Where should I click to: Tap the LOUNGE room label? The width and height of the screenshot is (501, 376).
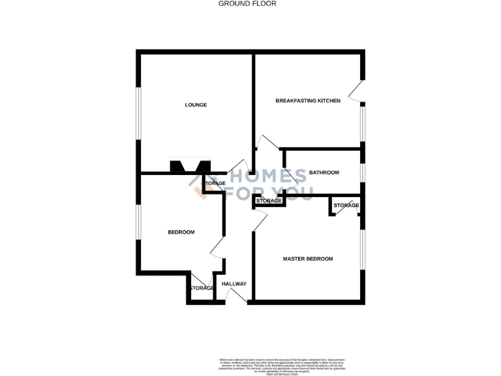tap(196, 105)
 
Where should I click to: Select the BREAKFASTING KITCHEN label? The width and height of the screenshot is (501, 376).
tap(308, 101)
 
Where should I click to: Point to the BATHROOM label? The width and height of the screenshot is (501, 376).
tap(324, 172)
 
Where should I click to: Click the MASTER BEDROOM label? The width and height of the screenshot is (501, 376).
tap(308, 259)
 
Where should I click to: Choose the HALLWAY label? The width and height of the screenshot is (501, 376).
tap(234, 284)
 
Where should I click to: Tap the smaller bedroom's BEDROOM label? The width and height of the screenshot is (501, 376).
tap(181, 232)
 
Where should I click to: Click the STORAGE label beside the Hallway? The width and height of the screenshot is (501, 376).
tap(202, 288)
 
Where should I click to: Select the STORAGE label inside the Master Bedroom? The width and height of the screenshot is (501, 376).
tap(346, 206)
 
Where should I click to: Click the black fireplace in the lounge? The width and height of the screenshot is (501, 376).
tap(190, 166)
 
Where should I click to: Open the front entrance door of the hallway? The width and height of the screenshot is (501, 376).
tap(235, 297)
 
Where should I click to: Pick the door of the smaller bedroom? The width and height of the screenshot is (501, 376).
tap(217, 249)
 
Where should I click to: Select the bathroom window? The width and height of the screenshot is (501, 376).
tap(363, 172)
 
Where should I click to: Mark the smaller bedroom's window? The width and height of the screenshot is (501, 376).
tap(138, 222)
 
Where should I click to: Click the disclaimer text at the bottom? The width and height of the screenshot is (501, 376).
tap(282, 364)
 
